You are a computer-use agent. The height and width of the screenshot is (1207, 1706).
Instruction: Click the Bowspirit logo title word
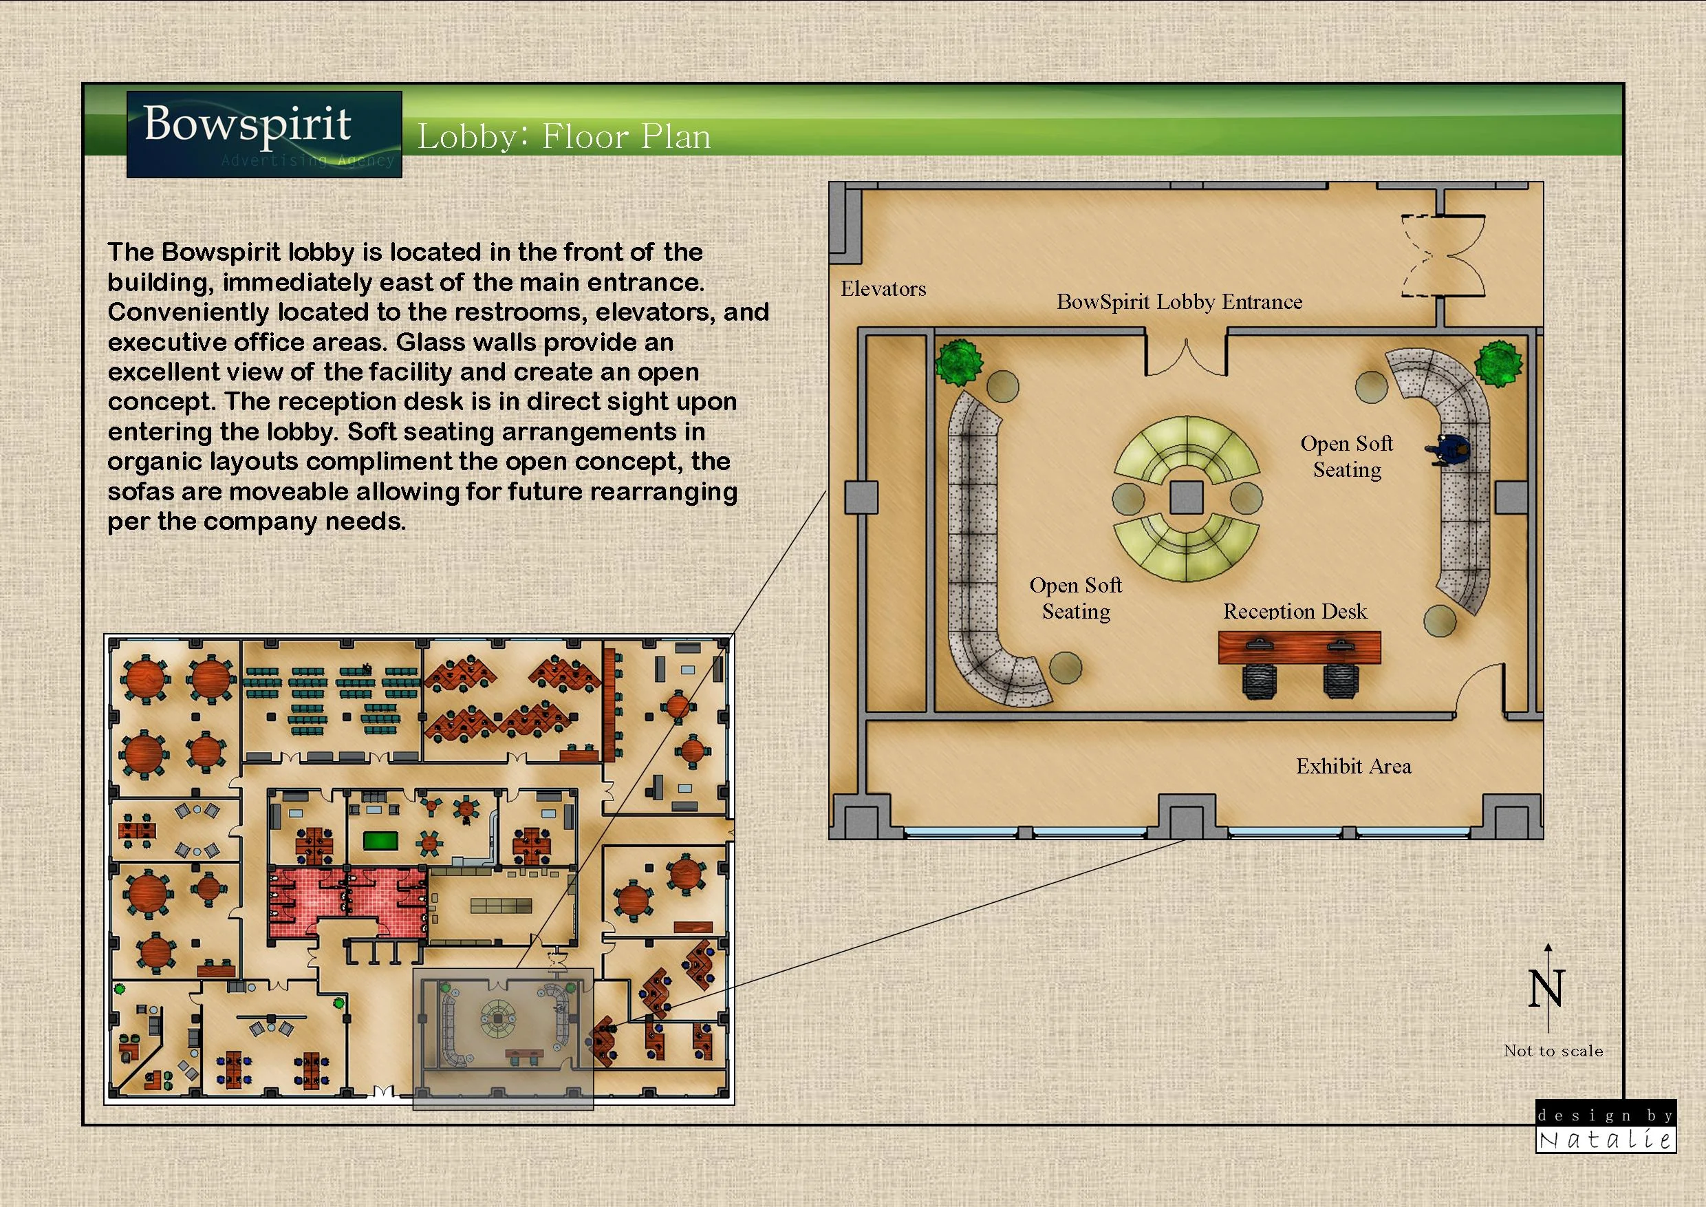(247, 125)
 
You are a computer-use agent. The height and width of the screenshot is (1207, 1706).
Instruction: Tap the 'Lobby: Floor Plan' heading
(563, 137)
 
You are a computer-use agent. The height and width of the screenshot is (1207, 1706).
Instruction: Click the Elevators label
(883, 289)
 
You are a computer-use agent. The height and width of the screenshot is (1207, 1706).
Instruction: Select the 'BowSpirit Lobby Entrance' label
(1179, 301)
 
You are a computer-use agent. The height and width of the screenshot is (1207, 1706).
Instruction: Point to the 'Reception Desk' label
(1295, 611)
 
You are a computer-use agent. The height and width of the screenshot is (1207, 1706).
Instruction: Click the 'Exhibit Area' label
(1353, 767)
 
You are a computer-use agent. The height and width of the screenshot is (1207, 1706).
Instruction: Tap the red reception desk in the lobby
(1299, 648)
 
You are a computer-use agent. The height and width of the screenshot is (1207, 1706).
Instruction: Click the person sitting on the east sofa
(1447, 449)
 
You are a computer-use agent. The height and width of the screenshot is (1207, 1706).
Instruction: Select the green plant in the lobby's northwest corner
(958, 362)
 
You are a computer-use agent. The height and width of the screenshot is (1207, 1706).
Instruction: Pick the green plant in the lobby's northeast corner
(1498, 363)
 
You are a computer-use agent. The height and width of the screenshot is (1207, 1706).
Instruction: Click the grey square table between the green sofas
(1186, 498)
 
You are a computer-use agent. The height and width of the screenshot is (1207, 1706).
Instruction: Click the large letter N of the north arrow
(1546, 988)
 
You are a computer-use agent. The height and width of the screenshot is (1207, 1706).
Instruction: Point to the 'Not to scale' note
(1553, 1051)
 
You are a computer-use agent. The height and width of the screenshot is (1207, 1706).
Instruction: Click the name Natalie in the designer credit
(1605, 1140)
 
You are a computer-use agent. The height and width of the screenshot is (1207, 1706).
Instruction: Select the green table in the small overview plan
(380, 842)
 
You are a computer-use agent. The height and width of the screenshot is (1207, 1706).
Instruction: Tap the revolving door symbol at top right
(1443, 257)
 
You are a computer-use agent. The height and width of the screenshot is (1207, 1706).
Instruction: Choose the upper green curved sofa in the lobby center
(1187, 448)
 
